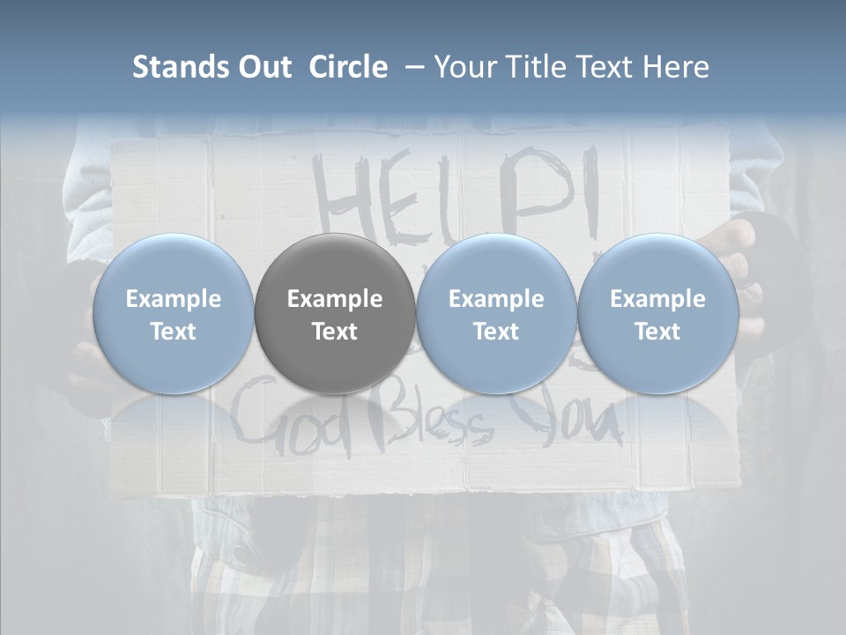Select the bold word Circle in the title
coord(348,67)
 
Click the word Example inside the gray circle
coord(335,299)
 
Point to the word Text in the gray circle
coord(335,332)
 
